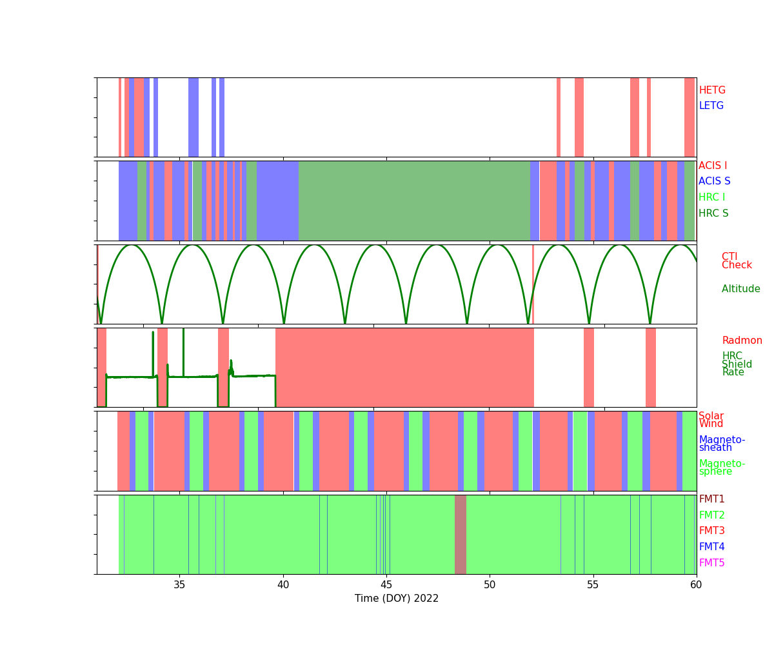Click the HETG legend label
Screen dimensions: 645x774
click(712, 90)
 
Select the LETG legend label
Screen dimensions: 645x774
click(711, 106)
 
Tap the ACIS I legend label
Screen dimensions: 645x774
click(713, 166)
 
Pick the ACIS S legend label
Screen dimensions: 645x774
click(715, 181)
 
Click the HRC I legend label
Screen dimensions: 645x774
click(711, 197)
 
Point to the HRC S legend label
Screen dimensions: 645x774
click(713, 213)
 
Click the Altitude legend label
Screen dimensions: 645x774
click(740, 289)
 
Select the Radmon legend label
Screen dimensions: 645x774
click(742, 341)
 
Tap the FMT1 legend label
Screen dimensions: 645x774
click(711, 499)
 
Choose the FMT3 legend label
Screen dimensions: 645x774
click(711, 531)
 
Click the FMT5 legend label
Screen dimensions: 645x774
click(711, 563)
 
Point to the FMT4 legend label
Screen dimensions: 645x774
click(711, 547)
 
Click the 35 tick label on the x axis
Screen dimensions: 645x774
click(180, 584)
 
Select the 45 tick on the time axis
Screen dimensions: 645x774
click(386, 584)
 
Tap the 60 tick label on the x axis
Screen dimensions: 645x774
click(696, 584)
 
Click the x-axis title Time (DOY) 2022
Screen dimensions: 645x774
click(397, 599)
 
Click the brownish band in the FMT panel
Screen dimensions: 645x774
click(461, 534)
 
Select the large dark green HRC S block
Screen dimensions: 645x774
click(414, 201)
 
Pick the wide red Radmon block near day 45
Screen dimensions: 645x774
click(404, 367)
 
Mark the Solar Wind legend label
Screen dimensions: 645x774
click(711, 420)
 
